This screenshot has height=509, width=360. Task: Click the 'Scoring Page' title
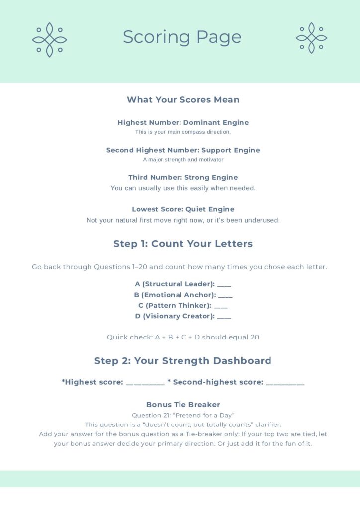182,37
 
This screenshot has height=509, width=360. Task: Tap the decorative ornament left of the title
49,40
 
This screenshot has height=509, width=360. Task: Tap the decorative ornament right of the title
311,38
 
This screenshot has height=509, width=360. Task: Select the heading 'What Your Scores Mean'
183,100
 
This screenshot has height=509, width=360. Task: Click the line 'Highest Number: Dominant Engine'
183,122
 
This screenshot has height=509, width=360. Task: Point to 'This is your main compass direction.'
183,132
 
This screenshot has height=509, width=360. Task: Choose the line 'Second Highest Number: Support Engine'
183,150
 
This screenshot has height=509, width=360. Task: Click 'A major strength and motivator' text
183,160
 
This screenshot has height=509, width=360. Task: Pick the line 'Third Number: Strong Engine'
183,177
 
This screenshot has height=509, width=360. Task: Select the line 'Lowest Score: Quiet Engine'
183,209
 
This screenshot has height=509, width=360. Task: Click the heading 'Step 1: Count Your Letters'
183,244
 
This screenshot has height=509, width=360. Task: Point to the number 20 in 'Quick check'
254,337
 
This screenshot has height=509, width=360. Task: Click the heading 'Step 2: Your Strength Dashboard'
183,361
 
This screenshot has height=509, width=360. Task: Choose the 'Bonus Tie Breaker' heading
183,405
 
